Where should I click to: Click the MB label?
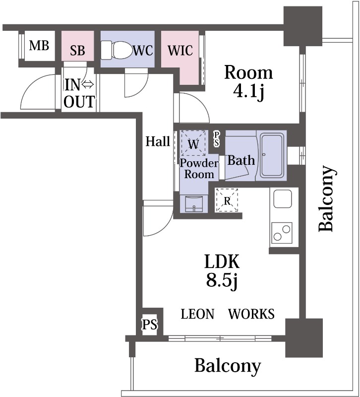tap(39, 46)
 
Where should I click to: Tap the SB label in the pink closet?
tap(77, 50)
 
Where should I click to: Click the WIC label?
tap(180, 50)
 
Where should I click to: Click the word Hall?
tap(158, 141)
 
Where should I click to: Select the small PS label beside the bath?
tap(217, 138)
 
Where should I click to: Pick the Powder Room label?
tap(199, 169)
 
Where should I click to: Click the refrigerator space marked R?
tap(227, 200)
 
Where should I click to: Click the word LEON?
tap(197, 314)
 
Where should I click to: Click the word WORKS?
tap(251, 314)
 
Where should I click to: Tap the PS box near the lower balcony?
tap(150, 325)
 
